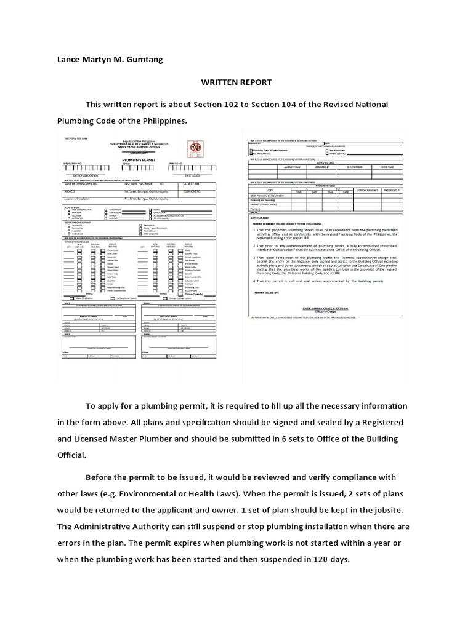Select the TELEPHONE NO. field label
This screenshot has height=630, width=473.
tap(193, 191)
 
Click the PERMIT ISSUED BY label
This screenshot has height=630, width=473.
tap(266, 293)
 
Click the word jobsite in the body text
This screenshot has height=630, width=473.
tap(381, 510)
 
